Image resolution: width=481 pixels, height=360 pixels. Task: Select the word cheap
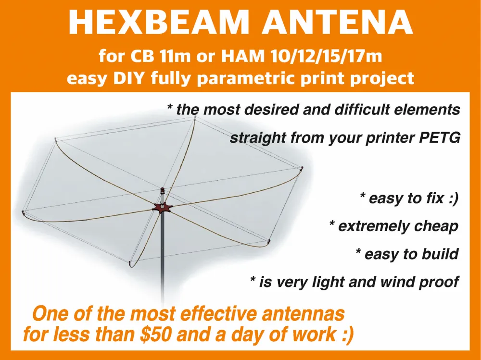(x=436, y=226)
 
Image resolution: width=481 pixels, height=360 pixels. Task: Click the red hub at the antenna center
(x=163, y=208)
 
